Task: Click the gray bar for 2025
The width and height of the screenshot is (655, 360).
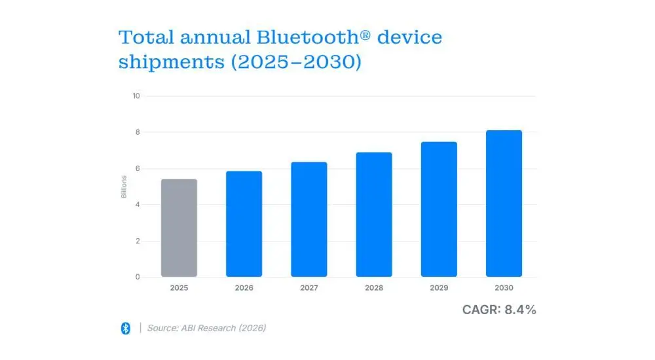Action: click(179, 228)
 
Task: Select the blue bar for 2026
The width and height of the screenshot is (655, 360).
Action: click(244, 224)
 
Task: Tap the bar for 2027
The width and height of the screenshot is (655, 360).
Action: click(309, 219)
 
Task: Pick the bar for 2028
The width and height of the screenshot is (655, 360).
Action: click(374, 215)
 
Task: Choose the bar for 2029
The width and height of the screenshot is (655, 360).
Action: click(439, 209)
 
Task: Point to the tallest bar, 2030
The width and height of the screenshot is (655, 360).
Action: click(504, 204)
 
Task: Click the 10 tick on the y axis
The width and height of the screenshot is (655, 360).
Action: click(136, 96)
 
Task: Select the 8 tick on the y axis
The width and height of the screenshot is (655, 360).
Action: click(138, 132)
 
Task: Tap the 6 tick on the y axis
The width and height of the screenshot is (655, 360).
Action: click(138, 169)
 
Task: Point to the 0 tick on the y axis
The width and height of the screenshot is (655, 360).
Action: click(138, 277)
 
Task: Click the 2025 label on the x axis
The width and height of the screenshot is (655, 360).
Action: click(179, 288)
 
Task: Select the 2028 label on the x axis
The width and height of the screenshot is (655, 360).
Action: click(374, 288)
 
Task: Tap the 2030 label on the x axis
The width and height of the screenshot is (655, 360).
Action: click(504, 288)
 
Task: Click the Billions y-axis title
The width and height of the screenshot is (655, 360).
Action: click(124, 187)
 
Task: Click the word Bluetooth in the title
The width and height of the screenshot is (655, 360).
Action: click(297, 37)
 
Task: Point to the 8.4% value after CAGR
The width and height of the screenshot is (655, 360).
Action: click(520, 310)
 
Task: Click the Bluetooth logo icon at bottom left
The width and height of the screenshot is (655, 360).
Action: click(126, 328)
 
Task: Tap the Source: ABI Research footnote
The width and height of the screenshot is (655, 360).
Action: click(206, 328)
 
